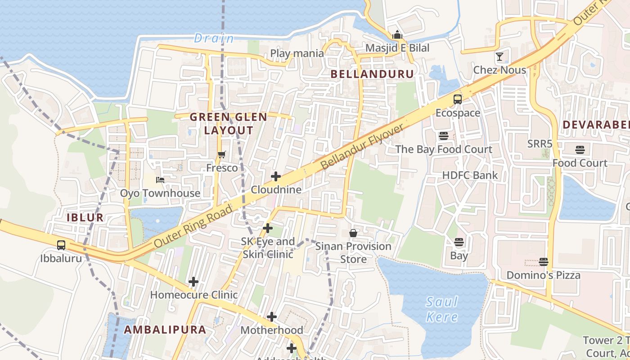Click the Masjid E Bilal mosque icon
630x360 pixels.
[x=397, y=35]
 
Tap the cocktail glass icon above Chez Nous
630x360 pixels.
[x=499, y=57]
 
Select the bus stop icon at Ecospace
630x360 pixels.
[x=458, y=99]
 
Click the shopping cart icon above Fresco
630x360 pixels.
[x=221, y=155]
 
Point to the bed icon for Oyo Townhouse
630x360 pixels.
[x=160, y=180]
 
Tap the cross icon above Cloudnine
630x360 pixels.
[x=276, y=176]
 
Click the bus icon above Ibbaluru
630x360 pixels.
[x=61, y=245]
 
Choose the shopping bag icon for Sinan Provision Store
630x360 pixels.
[x=353, y=233]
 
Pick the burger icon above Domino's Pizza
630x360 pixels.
[x=544, y=262]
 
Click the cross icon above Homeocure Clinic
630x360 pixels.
[x=193, y=282]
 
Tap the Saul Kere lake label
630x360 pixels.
[x=442, y=309]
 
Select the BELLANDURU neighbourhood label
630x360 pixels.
[x=372, y=74]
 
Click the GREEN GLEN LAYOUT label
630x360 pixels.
[x=229, y=124]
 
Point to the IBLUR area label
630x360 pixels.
[x=85, y=218]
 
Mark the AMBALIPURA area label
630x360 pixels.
[x=165, y=329]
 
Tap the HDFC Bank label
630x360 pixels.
[x=470, y=175]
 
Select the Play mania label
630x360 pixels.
[x=297, y=54]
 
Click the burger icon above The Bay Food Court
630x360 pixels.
[x=444, y=136]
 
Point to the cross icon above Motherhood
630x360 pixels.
[x=272, y=317]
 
